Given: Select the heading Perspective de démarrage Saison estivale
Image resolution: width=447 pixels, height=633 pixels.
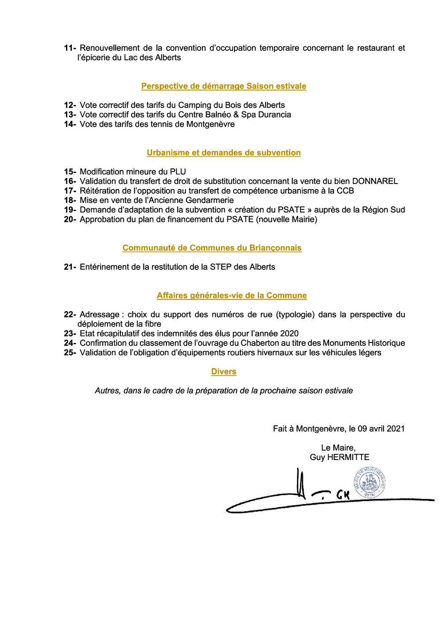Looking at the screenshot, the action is point(223,86).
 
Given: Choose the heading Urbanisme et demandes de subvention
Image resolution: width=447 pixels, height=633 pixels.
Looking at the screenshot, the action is point(223,153).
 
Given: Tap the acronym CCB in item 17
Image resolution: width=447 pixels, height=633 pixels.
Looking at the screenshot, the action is point(345,191).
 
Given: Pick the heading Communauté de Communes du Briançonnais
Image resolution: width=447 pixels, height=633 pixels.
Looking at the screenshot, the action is point(212,248).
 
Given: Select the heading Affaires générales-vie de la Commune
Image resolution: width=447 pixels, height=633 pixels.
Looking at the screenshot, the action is point(232,296).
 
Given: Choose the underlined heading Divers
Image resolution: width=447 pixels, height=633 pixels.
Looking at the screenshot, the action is point(223,372).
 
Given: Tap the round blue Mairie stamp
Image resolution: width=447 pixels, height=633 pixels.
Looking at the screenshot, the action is point(370,482).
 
